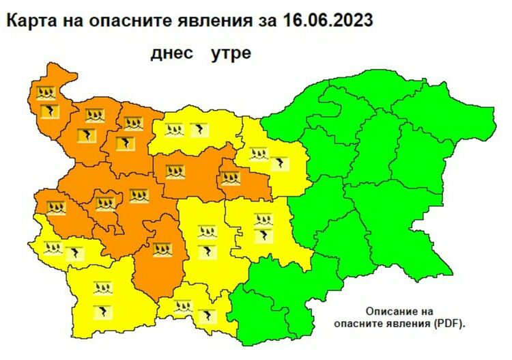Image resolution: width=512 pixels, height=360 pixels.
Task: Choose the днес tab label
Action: coord(170,53)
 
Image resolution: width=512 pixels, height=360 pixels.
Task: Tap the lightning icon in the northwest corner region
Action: coord(51,111)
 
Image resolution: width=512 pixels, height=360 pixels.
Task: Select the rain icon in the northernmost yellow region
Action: coord(176,128)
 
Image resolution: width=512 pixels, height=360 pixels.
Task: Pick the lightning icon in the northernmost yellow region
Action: coord(199,128)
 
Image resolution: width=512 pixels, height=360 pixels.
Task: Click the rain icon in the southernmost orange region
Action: coord(162,250)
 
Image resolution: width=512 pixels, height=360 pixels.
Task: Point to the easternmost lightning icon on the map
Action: coord(280,163)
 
